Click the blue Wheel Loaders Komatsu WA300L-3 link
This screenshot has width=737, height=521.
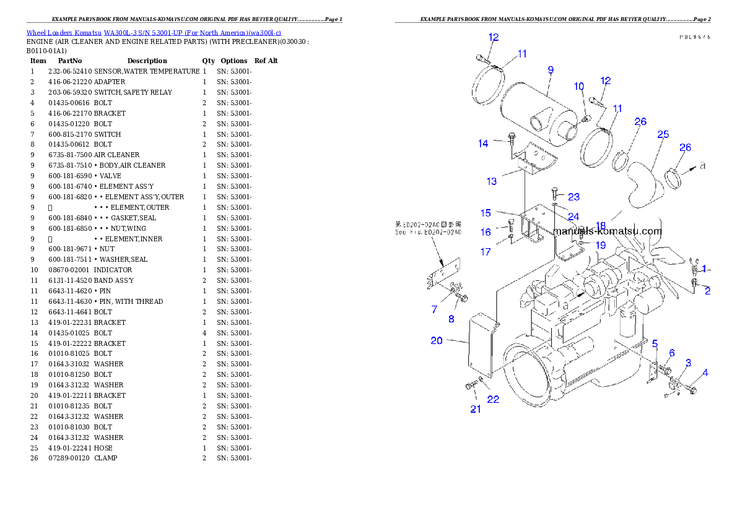[154, 33]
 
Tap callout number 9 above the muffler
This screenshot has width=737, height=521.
[550, 70]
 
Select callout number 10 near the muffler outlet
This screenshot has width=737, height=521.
[578, 86]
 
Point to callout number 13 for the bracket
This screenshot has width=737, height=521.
[491, 181]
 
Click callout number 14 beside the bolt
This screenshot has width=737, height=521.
[483, 144]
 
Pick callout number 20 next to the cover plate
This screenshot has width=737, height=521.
[437, 340]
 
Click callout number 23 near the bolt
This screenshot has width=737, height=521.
[573, 197]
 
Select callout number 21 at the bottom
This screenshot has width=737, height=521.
[475, 409]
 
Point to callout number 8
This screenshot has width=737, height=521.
[451, 319]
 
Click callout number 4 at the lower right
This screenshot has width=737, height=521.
[705, 372]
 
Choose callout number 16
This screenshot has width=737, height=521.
[486, 232]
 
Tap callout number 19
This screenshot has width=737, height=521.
[600, 245]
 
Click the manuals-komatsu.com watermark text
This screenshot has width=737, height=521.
[607, 231]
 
